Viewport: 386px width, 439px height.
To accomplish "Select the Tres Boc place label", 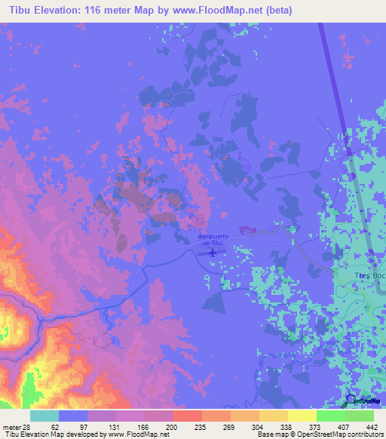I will tap(369, 276).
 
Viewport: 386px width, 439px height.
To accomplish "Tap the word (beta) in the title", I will tap(276, 10).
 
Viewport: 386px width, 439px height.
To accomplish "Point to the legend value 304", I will tap(259, 426).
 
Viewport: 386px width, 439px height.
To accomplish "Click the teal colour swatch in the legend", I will tap(44, 416).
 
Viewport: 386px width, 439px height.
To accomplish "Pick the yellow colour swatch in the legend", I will tap(302, 416).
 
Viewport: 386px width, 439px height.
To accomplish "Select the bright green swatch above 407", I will tap(330, 416).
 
